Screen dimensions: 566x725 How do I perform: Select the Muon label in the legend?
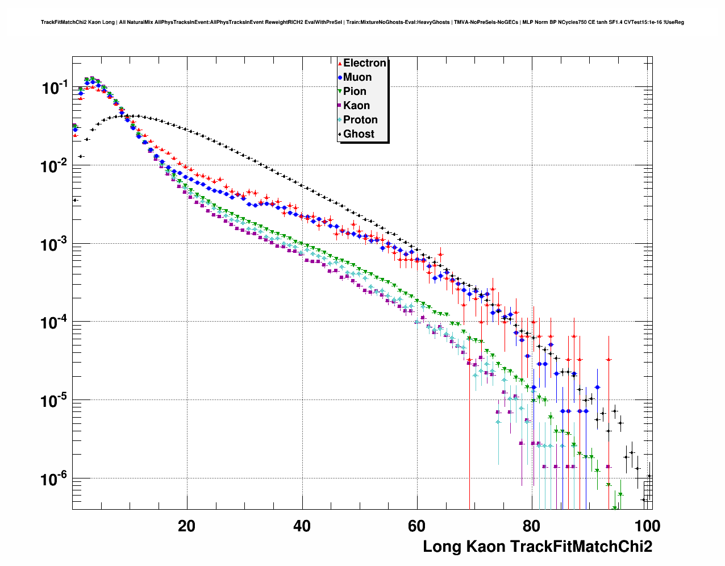pos(357,77)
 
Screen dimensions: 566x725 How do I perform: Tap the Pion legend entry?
pos(355,91)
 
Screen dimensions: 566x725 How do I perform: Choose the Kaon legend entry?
pos(356,106)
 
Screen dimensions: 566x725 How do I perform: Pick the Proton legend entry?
pos(360,120)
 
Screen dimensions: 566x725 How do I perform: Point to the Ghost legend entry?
pos(359,134)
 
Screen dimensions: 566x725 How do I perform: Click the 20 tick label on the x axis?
pos(186,526)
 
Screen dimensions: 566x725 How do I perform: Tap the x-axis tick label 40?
pos(302,526)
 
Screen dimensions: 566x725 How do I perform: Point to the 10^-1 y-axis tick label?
pos(55,88)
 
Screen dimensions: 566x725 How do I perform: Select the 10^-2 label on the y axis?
pos(55,166)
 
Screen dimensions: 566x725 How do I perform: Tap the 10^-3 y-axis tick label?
pos(55,244)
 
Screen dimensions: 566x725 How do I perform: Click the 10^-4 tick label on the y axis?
pos(55,323)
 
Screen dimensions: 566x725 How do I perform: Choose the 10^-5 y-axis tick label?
pos(55,401)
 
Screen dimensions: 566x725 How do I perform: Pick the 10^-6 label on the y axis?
pos(55,479)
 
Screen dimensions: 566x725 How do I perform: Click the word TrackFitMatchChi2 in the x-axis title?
pos(581,547)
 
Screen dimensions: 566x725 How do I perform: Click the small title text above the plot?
pos(363,22)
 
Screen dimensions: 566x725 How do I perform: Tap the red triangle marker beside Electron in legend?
pos(340,63)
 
